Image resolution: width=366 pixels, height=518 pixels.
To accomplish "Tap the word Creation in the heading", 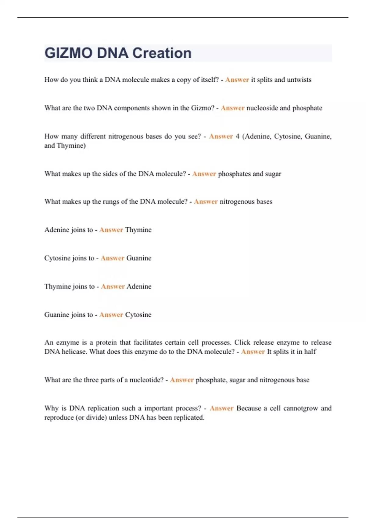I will tap(162, 53).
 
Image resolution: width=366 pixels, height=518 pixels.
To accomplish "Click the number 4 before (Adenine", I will tap(237, 136).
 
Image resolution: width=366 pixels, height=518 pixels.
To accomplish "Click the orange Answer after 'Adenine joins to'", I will tap(111, 230).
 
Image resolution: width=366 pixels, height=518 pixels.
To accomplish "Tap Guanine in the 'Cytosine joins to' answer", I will tap(139, 258).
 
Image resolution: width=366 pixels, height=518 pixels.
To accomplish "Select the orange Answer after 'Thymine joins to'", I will tap(113, 286).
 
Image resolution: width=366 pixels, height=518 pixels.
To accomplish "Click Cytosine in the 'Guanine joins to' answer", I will tap(138, 315).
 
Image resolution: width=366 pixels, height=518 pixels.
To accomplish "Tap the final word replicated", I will tap(189, 417).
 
